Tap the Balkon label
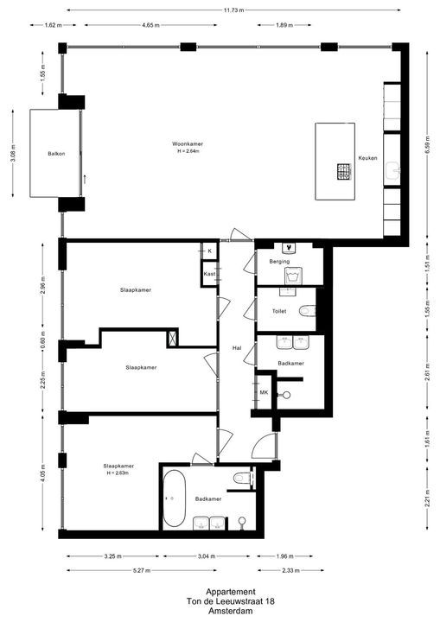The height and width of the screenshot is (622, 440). pos(57,154)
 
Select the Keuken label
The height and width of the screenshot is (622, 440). pos(369,158)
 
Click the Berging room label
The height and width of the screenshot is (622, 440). pos(279,261)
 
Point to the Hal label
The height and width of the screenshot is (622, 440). pos(236,348)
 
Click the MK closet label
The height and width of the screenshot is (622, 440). pos(264,393)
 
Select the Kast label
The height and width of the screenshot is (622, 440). pos(209,274)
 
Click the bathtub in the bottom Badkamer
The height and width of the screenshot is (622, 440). pos(174,500)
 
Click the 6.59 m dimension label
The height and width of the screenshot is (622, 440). pos(427,148)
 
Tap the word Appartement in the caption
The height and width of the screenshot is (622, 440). pos(220,591)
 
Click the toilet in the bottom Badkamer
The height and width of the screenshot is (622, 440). pos(241,477)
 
